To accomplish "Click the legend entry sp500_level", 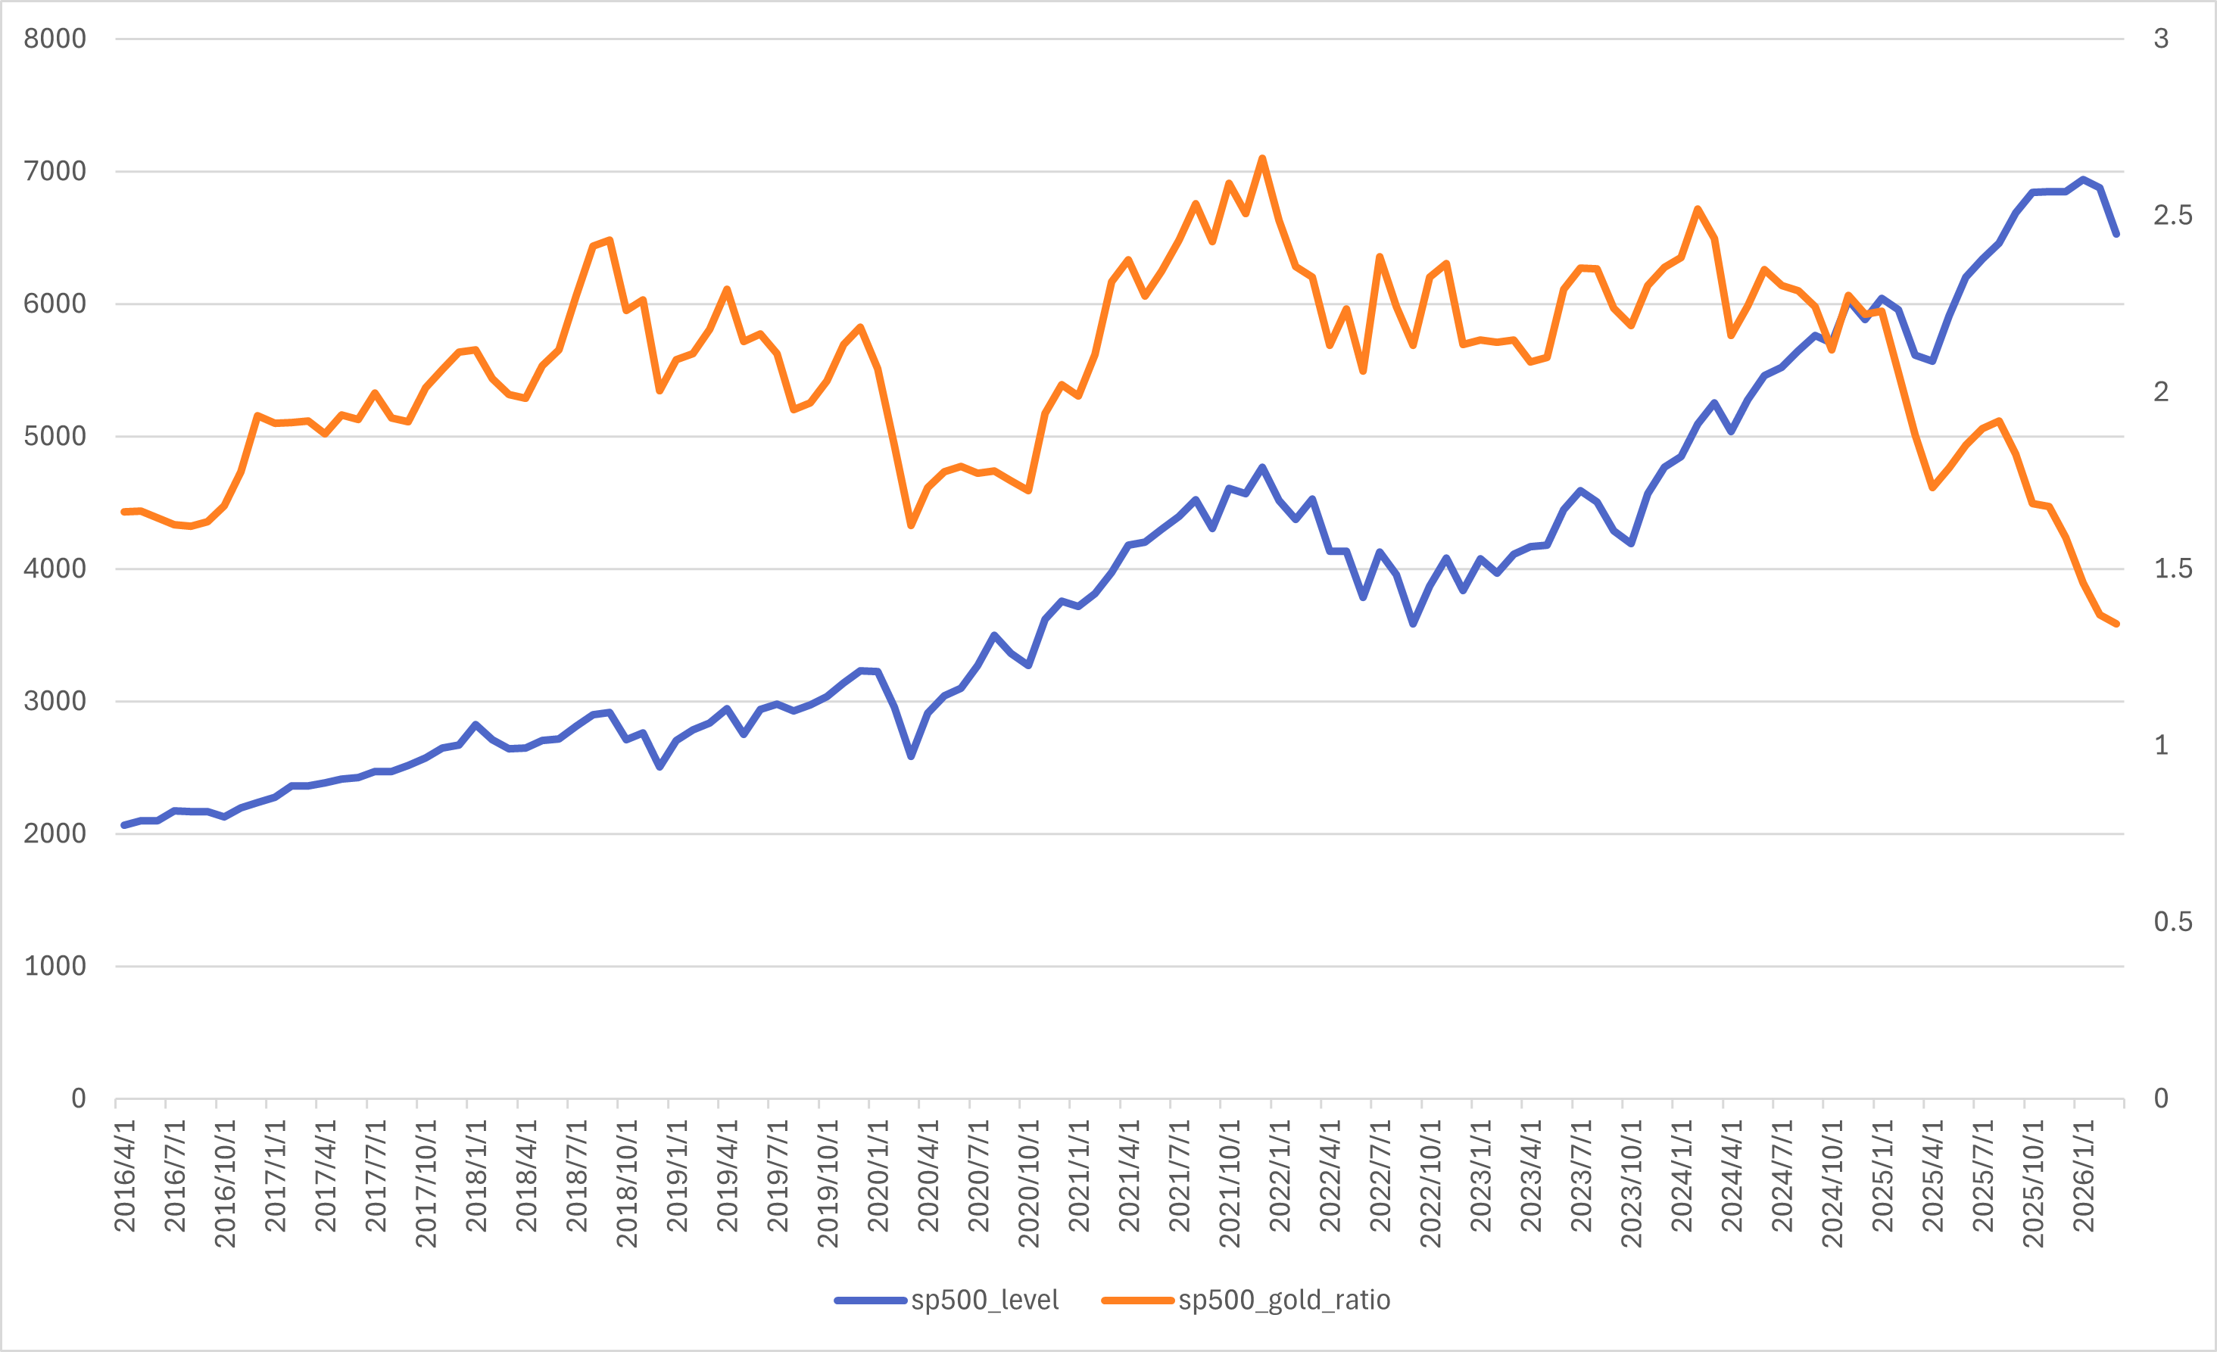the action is [x=946, y=1300].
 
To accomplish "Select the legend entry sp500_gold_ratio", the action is [x=1246, y=1300].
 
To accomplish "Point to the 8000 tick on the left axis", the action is [x=55, y=39].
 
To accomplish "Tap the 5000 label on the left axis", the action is [x=55, y=436].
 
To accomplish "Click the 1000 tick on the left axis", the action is [x=55, y=966].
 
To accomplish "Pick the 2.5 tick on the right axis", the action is [x=2172, y=215].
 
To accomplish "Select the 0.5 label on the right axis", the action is [x=2172, y=922].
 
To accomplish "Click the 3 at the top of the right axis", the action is [x=2160, y=39].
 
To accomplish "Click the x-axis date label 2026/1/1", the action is [x=2084, y=1176].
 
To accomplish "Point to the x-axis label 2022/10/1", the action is [x=1430, y=1184].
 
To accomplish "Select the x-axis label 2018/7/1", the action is [x=577, y=1176].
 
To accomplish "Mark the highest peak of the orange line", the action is [x=1262, y=158].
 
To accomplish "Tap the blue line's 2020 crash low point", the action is [x=911, y=756].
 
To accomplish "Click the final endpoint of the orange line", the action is [x=2117, y=623].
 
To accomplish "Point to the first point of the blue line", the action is [x=123, y=825].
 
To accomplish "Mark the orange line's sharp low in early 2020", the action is [x=911, y=525].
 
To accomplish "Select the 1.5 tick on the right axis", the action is [x=2172, y=569].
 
